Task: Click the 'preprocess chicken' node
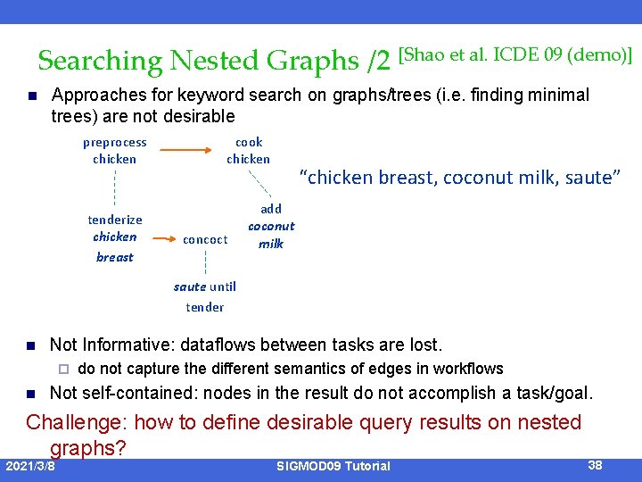click(114, 151)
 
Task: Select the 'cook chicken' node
click(248, 151)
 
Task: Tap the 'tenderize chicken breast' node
click(114, 237)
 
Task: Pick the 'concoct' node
click(205, 239)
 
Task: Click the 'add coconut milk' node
click(271, 226)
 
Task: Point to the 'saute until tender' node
click(205, 296)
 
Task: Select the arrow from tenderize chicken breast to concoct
click(161, 239)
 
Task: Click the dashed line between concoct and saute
click(206, 262)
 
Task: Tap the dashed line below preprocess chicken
click(114, 188)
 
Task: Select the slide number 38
click(597, 464)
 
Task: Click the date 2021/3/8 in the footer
click(30, 466)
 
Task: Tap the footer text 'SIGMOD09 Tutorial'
click(333, 466)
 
